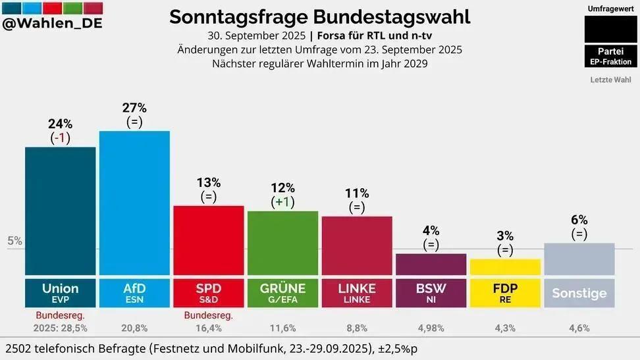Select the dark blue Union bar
60,211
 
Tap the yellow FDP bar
505,267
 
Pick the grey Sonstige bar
579,259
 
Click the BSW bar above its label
431,264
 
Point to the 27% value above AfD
134,108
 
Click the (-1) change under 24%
61,138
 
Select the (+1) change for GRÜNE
282,201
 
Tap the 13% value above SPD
208,182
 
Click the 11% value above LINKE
357,193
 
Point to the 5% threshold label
14,241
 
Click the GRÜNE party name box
282,293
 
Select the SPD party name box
208,293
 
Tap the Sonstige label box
579,293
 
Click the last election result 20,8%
134,328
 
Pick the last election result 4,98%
431,328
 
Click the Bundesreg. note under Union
60,315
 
